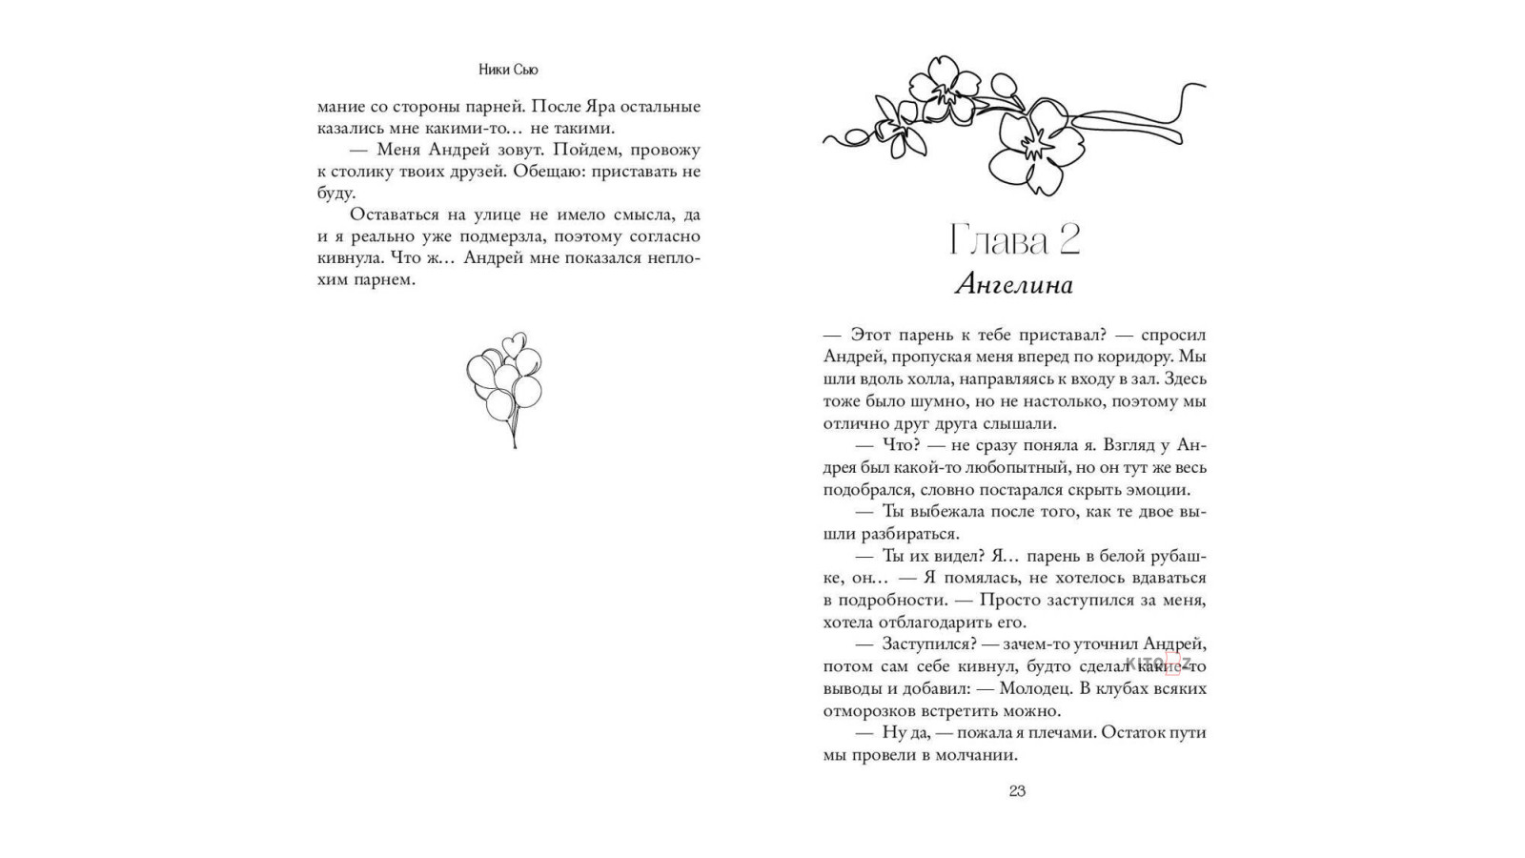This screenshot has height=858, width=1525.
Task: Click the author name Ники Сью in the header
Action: tap(509, 70)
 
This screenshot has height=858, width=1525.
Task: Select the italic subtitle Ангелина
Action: tap(1014, 284)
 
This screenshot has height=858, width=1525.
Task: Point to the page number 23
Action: tap(1016, 790)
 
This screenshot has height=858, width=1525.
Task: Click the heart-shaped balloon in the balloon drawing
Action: tap(514, 342)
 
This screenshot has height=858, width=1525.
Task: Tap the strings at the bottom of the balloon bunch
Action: tap(514, 431)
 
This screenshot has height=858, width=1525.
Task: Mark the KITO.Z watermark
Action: tap(1158, 664)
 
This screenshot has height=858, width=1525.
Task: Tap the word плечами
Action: tap(1046, 732)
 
